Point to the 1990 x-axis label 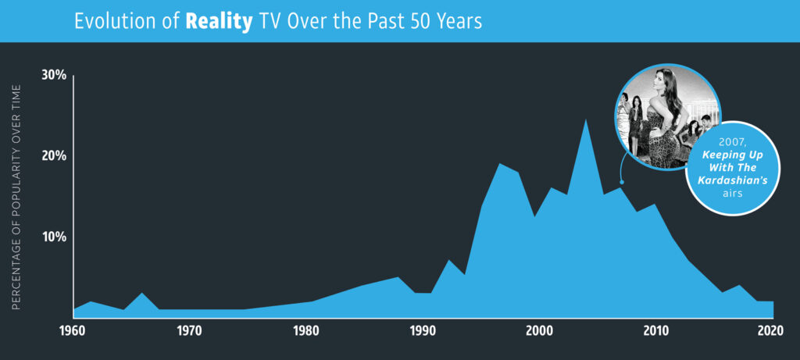pyautogui.click(x=423, y=330)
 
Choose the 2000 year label pyautogui.click(x=540, y=330)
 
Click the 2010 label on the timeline pyautogui.click(x=656, y=330)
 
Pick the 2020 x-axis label pyautogui.click(x=772, y=330)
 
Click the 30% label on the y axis pyautogui.click(x=55, y=75)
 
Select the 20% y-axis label pyautogui.click(x=55, y=155)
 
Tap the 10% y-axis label pyautogui.click(x=55, y=237)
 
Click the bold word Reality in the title pyautogui.click(x=219, y=21)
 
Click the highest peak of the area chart pyautogui.click(x=585, y=120)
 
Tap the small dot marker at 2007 pyautogui.click(x=621, y=182)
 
